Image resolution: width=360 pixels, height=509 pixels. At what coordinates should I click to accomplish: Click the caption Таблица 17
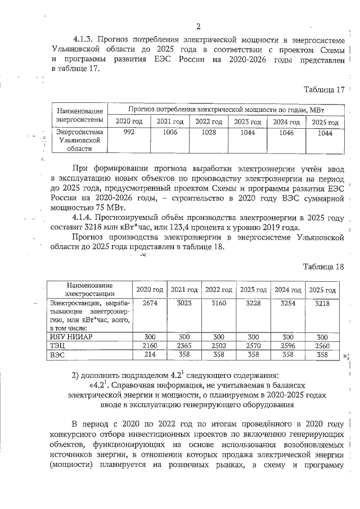[x=323, y=90]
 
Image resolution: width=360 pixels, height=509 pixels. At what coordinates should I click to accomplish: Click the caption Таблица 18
[x=323, y=267]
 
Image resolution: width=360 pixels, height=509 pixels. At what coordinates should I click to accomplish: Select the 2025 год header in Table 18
[x=322, y=290]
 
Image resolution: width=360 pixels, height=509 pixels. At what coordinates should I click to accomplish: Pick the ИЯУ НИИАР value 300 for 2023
[x=253, y=336]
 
